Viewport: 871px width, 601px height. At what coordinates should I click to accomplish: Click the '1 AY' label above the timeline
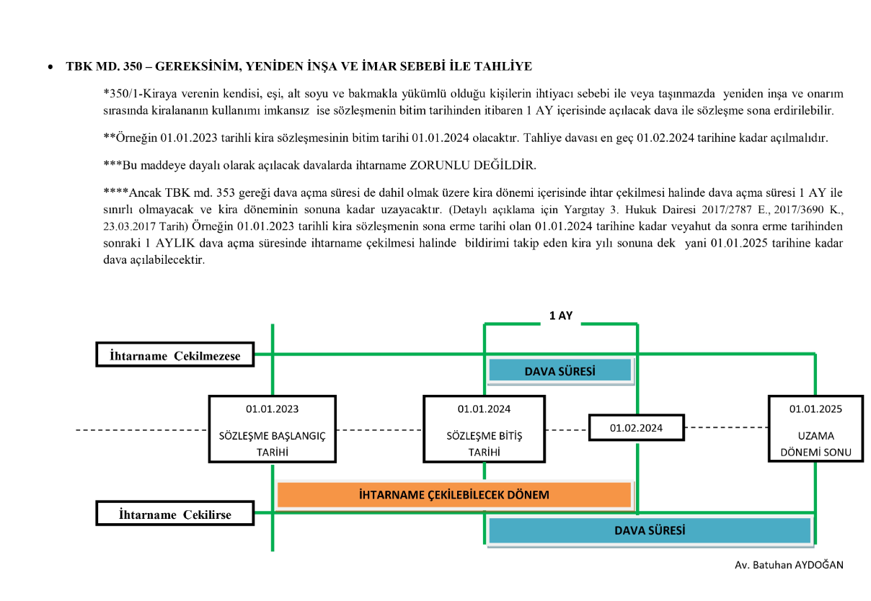[560, 316]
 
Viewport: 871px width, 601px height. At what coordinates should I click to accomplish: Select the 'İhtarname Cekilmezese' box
[174, 355]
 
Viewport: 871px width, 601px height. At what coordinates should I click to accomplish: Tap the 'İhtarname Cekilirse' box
[174, 515]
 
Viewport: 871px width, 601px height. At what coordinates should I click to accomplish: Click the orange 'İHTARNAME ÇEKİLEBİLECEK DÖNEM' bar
[454, 495]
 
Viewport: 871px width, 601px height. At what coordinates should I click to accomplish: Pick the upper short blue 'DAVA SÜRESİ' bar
[560, 371]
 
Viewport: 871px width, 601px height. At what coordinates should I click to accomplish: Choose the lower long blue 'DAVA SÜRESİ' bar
[649, 530]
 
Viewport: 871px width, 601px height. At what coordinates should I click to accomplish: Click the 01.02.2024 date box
[636, 428]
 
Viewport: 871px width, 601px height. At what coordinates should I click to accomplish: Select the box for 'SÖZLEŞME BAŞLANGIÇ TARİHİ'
[272, 428]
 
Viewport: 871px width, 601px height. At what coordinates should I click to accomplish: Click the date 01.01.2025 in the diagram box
[815, 409]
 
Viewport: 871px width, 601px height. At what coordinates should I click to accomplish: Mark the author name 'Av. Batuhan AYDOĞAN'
[789, 565]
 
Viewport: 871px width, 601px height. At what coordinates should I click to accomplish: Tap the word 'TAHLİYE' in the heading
[508, 66]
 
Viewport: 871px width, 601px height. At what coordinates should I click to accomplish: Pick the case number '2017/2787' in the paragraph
[720, 210]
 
